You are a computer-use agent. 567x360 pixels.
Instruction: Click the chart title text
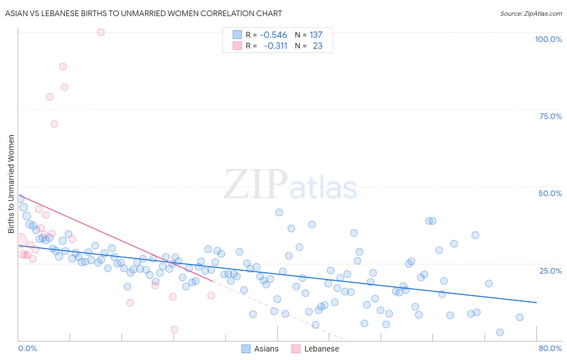(x=144, y=13)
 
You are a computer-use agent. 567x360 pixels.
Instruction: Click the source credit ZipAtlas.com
(x=531, y=13)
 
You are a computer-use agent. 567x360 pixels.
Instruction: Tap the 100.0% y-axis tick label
(x=548, y=39)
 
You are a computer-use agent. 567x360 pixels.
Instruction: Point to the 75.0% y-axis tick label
(x=550, y=116)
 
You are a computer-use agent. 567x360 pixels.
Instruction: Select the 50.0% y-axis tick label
(x=550, y=193)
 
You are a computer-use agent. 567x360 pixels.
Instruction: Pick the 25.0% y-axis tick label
(x=550, y=270)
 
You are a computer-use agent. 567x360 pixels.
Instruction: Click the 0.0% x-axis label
(x=27, y=348)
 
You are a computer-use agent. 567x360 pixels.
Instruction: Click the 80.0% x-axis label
(x=550, y=348)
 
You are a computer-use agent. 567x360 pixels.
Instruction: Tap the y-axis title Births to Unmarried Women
(x=11, y=184)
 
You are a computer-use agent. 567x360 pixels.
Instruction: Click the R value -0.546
(x=273, y=35)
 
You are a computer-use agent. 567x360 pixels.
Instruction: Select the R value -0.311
(x=275, y=46)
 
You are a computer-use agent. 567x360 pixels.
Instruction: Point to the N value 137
(x=316, y=35)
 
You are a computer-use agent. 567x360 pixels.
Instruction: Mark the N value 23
(x=317, y=46)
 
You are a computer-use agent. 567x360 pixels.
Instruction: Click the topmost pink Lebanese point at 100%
(x=101, y=32)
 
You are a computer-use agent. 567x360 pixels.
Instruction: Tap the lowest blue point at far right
(x=500, y=333)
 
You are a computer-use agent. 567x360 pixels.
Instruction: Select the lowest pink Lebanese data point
(x=174, y=329)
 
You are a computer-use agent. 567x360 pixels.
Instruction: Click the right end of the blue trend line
(x=536, y=302)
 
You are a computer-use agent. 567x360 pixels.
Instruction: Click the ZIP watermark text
(x=256, y=184)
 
